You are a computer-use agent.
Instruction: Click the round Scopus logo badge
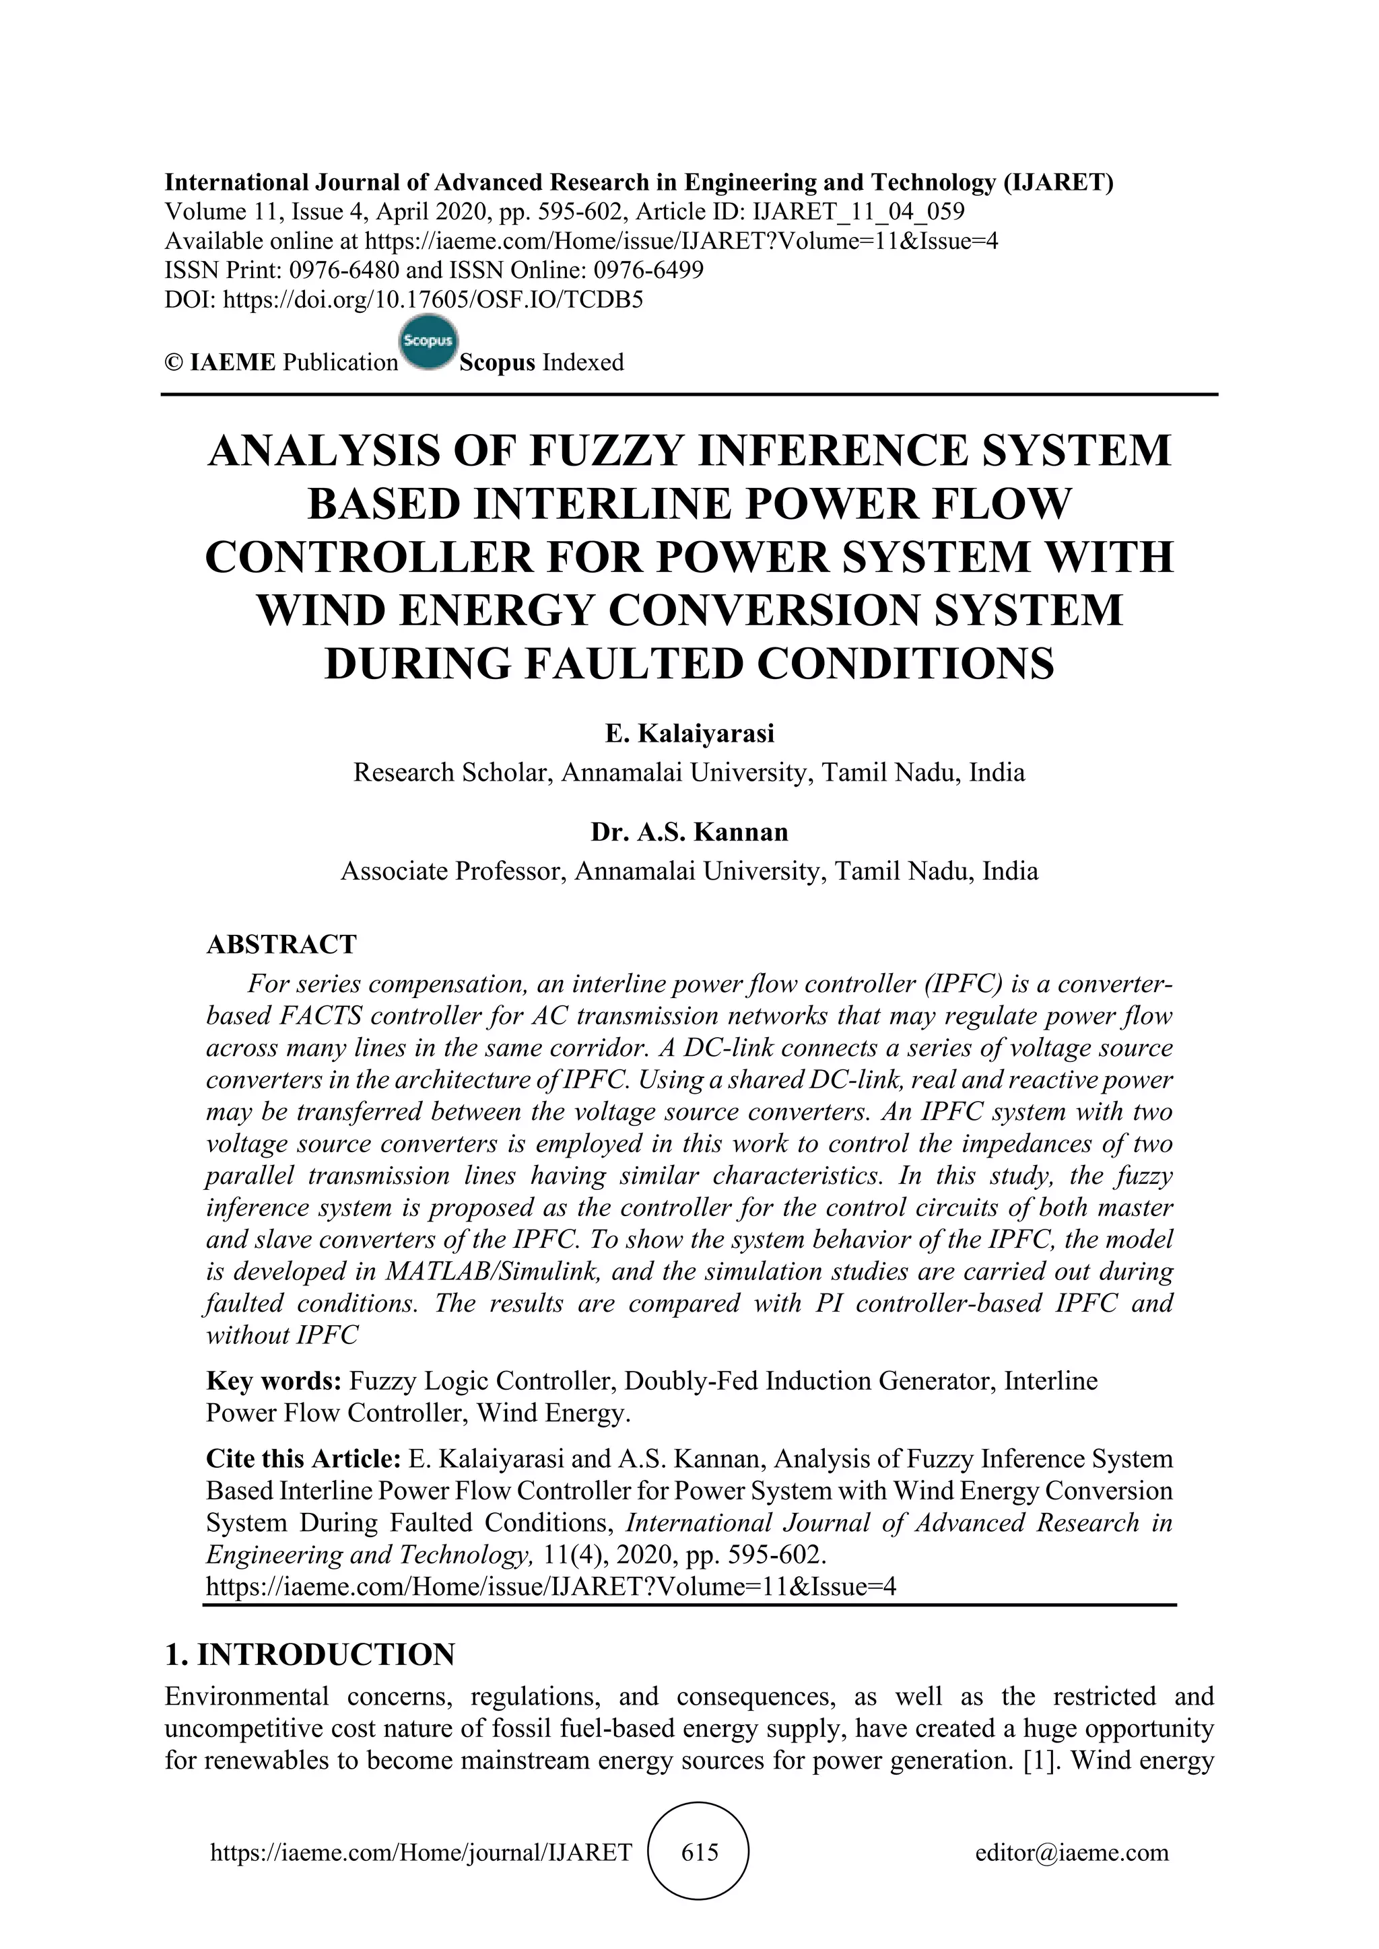pyautogui.click(x=428, y=344)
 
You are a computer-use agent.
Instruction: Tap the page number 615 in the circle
pyautogui.click(x=700, y=1852)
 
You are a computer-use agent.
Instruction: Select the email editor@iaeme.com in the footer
pyautogui.click(x=1071, y=1852)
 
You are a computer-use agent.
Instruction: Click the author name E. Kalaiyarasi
pyautogui.click(x=689, y=734)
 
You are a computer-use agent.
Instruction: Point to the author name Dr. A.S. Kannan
pyautogui.click(x=689, y=832)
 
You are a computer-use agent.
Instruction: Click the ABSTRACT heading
pyautogui.click(x=281, y=944)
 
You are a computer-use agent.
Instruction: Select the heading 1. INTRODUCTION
pyautogui.click(x=310, y=1654)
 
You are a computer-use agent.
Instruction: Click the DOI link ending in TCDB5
pyautogui.click(x=432, y=299)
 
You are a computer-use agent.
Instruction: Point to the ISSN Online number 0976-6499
pyautogui.click(x=648, y=270)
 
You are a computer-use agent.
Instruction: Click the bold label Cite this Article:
pyautogui.click(x=303, y=1459)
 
